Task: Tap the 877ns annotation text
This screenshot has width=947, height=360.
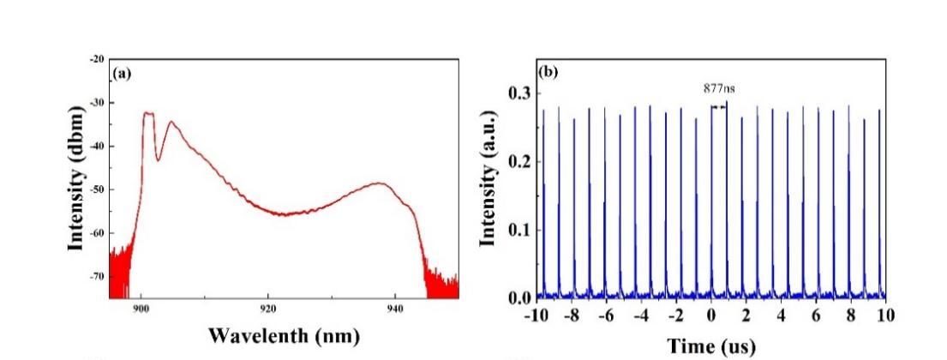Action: (x=718, y=87)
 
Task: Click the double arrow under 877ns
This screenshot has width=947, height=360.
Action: (x=718, y=105)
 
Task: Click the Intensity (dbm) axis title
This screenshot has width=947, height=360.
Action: (x=79, y=178)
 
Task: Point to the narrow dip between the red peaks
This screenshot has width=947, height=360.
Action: (x=158, y=159)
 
